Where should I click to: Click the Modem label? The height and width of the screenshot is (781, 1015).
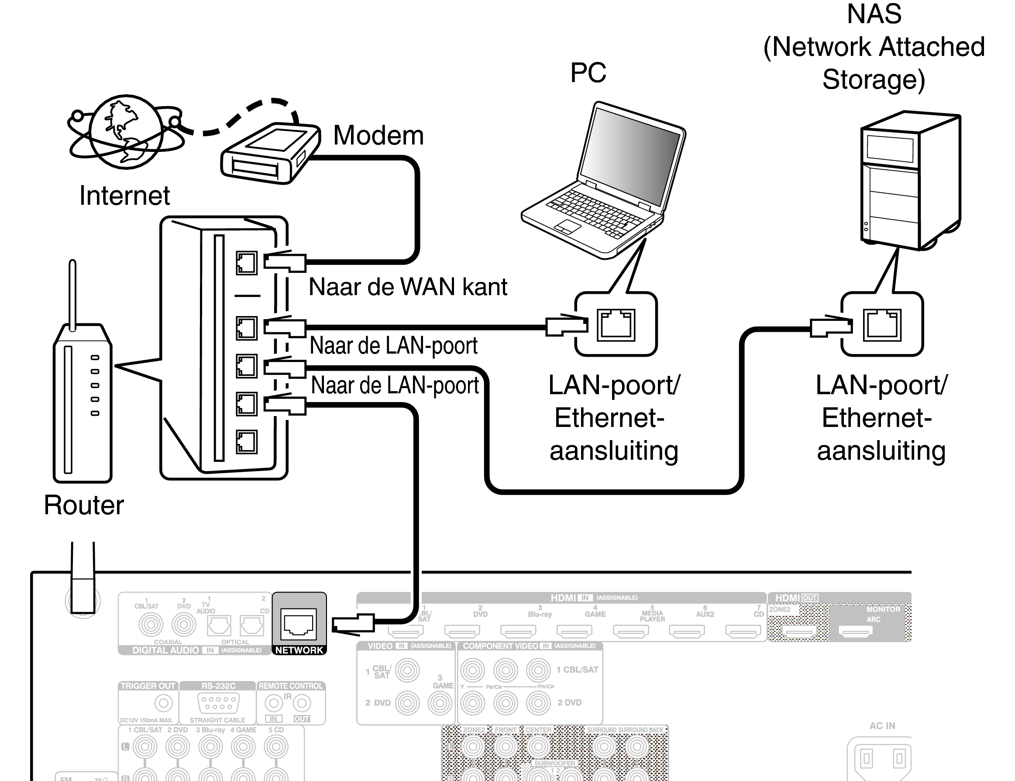click(378, 135)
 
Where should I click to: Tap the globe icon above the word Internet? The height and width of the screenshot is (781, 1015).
click(126, 131)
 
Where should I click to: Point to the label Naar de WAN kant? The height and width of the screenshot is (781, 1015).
click(408, 287)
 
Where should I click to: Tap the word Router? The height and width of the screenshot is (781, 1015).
click(84, 505)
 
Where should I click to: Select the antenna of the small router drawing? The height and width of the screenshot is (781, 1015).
click(72, 292)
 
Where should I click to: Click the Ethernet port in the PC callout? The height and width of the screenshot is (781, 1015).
click(616, 325)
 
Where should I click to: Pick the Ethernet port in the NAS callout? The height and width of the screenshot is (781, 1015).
click(881, 325)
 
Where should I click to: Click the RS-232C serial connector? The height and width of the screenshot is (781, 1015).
click(218, 703)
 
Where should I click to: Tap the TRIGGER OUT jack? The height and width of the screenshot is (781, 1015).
click(163, 703)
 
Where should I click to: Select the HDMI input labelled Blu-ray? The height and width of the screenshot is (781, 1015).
click(518, 630)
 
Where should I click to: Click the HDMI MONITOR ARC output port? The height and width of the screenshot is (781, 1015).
click(855, 631)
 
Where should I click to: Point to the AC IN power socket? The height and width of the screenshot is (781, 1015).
click(882, 759)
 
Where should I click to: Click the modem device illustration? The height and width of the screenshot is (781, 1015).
click(269, 153)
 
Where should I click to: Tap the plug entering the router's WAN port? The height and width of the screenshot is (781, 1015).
click(285, 262)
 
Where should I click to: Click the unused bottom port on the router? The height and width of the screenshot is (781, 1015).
click(246, 442)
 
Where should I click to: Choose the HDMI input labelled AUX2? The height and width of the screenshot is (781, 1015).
click(686, 630)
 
